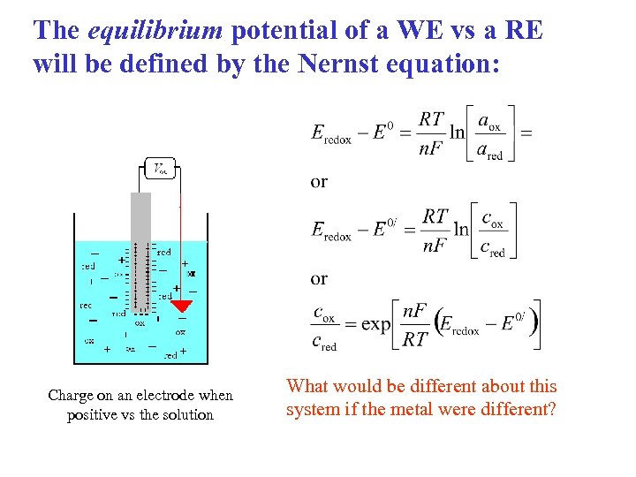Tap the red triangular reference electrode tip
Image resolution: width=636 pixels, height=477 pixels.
point(181,307)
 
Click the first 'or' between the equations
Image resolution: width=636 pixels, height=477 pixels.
point(319,182)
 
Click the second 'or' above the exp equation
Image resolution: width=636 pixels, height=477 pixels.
point(319,279)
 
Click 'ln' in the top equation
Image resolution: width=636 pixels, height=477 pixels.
point(457,132)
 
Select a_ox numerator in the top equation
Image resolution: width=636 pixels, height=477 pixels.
point(488,121)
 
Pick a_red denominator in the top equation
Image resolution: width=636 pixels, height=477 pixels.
point(489,151)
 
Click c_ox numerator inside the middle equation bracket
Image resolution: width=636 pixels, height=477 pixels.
point(492,218)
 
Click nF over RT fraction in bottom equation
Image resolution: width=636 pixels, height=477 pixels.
point(415,324)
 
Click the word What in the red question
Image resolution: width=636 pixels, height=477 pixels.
point(307,387)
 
